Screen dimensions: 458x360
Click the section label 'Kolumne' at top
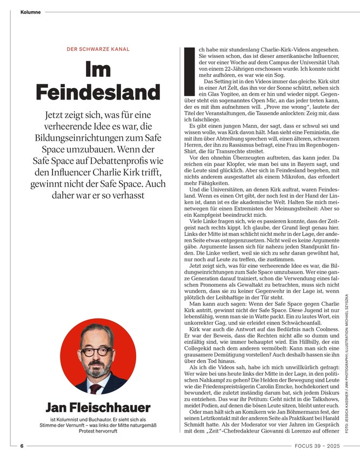pos(30,12)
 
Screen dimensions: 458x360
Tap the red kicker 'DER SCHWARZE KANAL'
pos(98,49)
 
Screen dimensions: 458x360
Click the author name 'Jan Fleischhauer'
pos(98,407)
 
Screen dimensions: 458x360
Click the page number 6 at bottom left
pos(22,446)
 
